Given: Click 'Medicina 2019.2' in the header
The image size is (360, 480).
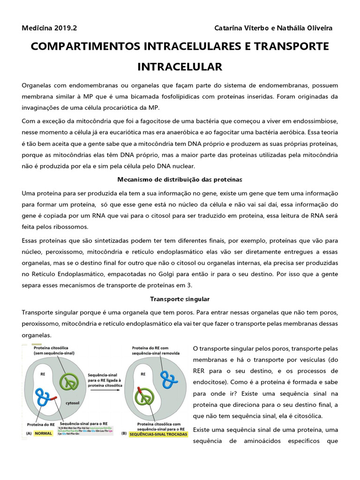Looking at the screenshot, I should (49, 28).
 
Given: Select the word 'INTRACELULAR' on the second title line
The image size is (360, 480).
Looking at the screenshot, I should (180, 67).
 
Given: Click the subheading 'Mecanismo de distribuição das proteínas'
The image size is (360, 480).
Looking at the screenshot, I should (180, 180).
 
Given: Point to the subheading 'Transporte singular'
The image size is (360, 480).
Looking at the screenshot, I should (180, 299).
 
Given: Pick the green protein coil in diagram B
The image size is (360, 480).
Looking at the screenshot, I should (146, 397).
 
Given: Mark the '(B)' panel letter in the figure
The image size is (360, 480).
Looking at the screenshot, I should (124, 435).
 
